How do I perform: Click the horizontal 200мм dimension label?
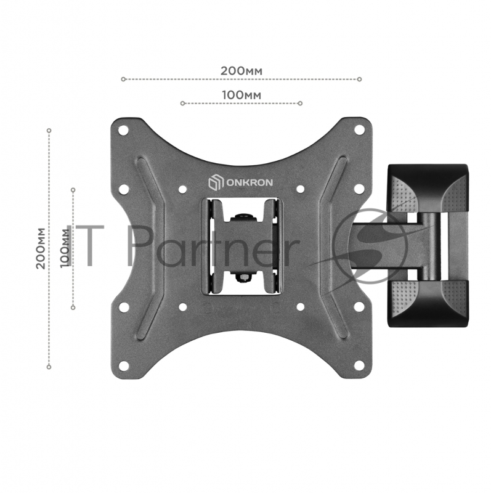pyautogui.click(x=241, y=71)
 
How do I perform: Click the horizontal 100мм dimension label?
pyautogui.click(x=241, y=95)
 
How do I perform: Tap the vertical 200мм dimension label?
pyautogui.click(x=41, y=248)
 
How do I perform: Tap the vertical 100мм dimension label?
pyautogui.click(x=65, y=248)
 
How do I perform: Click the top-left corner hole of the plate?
pyautogui.click(x=124, y=130)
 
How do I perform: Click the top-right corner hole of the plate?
pyautogui.click(x=359, y=129)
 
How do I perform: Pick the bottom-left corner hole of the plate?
pyautogui.click(x=124, y=365)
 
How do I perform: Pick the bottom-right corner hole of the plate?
pyautogui.click(x=359, y=365)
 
